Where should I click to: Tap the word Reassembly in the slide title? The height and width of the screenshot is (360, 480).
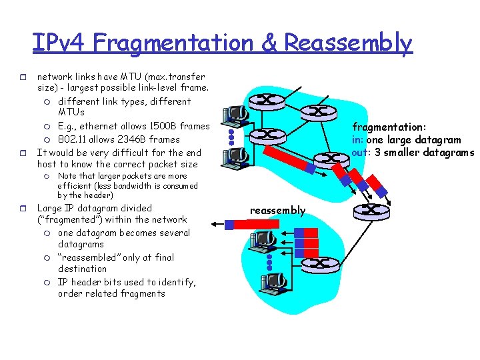point(349,43)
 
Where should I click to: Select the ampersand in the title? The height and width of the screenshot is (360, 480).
point(269,43)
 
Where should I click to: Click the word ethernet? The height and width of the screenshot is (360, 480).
point(106,127)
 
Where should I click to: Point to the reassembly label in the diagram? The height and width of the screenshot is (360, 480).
point(277,211)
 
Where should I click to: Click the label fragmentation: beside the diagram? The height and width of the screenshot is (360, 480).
point(389,127)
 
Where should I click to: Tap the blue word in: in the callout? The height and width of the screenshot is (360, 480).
point(358,139)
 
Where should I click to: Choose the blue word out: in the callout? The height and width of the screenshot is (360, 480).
point(361,152)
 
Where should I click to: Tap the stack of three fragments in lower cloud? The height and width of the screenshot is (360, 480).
point(308,244)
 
